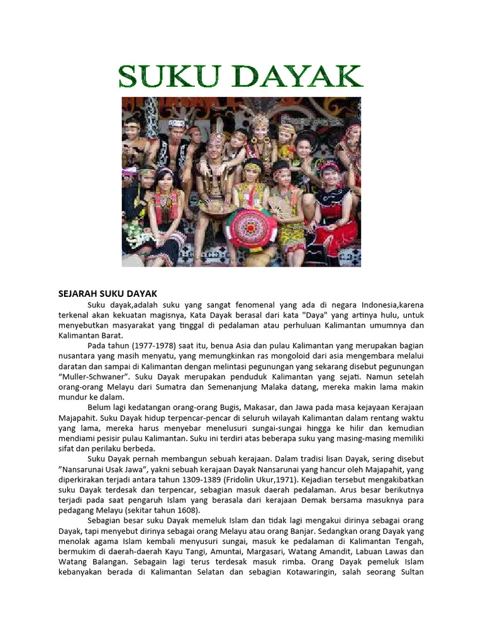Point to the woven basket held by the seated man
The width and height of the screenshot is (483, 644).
[x=214, y=208]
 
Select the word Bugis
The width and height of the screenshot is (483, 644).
[x=227, y=407]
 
